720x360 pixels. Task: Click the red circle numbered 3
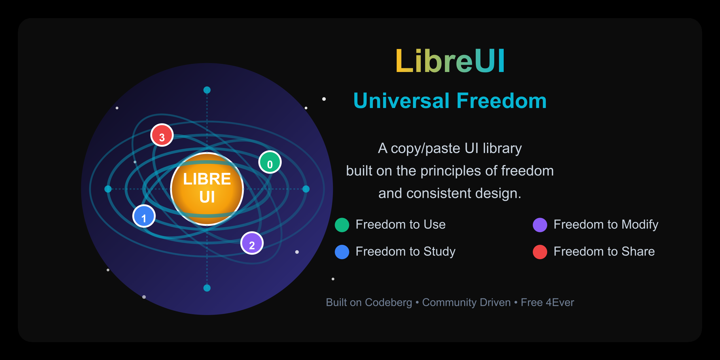tap(162, 135)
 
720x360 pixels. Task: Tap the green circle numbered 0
tap(270, 162)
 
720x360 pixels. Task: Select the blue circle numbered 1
tap(144, 216)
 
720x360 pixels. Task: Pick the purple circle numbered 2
tap(252, 243)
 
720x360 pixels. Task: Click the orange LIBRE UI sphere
tap(207, 189)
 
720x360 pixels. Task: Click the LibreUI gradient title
tap(450, 61)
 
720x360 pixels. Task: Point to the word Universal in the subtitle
tap(401, 101)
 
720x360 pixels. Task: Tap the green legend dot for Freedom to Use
tap(342, 225)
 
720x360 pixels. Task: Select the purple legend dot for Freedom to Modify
tap(540, 225)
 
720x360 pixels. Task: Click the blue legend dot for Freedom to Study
tap(342, 252)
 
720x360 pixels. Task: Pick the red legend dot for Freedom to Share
tap(540, 252)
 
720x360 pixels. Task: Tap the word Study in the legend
tap(439, 252)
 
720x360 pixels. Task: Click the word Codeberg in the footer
tap(389, 302)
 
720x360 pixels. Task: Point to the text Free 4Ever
tap(547, 302)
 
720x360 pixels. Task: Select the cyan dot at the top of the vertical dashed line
tap(207, 90)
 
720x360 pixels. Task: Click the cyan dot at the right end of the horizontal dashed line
tap(306, 189)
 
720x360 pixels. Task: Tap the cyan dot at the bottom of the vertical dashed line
tap(207, 288)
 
